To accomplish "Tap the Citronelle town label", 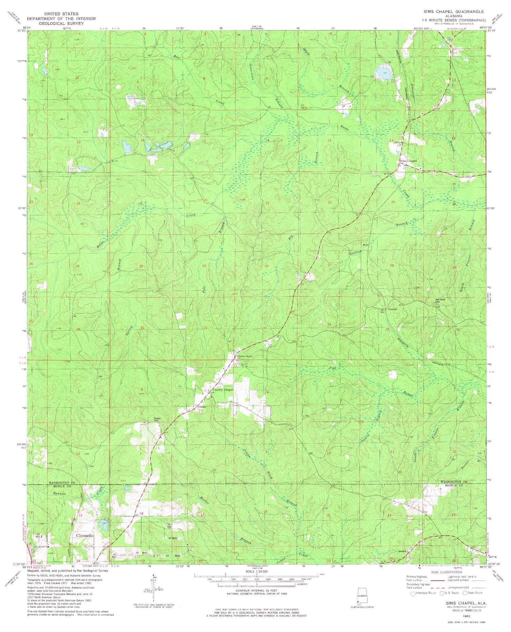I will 83,535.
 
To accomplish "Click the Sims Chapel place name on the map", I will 408,161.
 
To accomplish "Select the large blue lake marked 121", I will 382,73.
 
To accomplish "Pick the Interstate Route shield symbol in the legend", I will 414,593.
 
